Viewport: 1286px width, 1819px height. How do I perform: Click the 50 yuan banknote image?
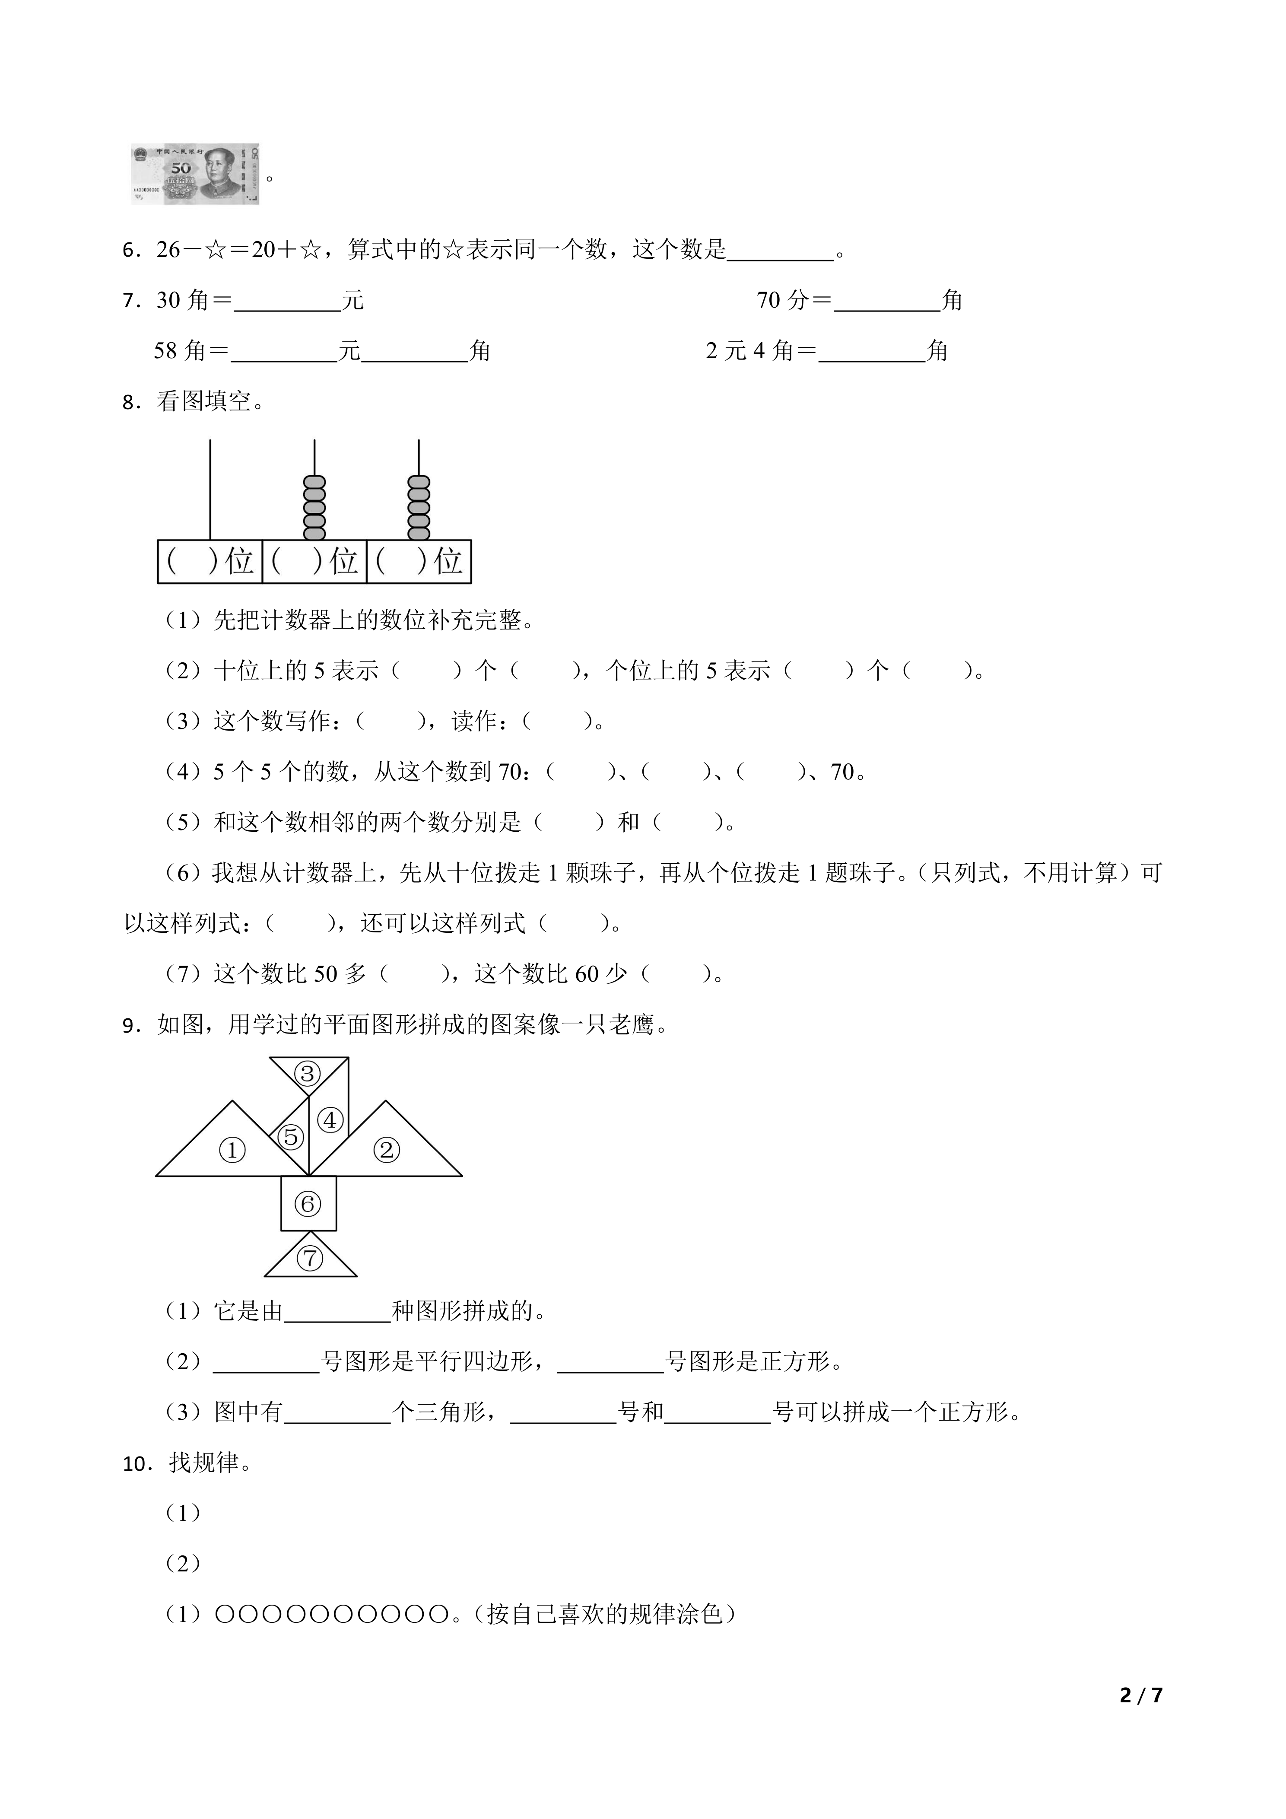point(195,174)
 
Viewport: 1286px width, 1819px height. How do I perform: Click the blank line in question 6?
point(780,252)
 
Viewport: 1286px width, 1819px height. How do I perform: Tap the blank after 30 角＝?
point(287,302)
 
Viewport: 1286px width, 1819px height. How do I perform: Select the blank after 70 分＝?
point(887,302)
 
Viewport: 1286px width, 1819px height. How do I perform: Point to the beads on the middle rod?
point(314,507)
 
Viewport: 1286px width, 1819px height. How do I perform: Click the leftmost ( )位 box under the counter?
point(210,562)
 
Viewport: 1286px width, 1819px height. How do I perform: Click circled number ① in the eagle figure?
point(232,1150)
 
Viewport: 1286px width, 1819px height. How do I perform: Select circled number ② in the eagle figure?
point(387,1150)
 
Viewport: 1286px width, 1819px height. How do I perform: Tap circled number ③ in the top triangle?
point(307,1074)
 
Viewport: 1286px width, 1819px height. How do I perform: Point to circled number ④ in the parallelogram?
point(330,1120)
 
